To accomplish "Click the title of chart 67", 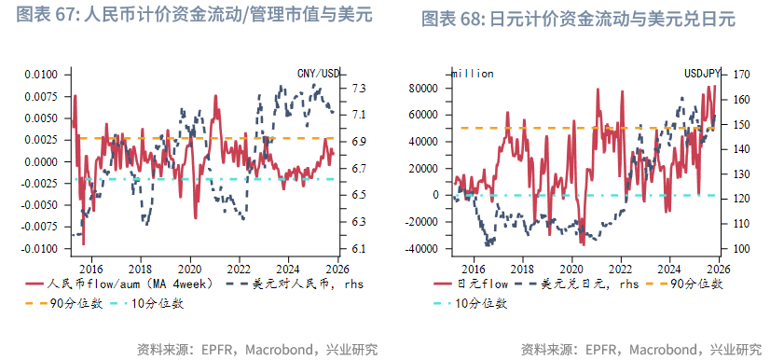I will tap(186, 16).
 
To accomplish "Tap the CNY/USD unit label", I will tap(320, 73).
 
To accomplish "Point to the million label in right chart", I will tap(472, 73).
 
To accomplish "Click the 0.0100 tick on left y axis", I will tap(40, 75).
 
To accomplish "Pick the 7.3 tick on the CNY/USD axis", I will tap(358, 89).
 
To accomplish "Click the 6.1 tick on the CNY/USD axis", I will tap(358, 249).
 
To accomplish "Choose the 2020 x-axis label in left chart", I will tap(190, 265).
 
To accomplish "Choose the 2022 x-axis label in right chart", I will tap(624, 265).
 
